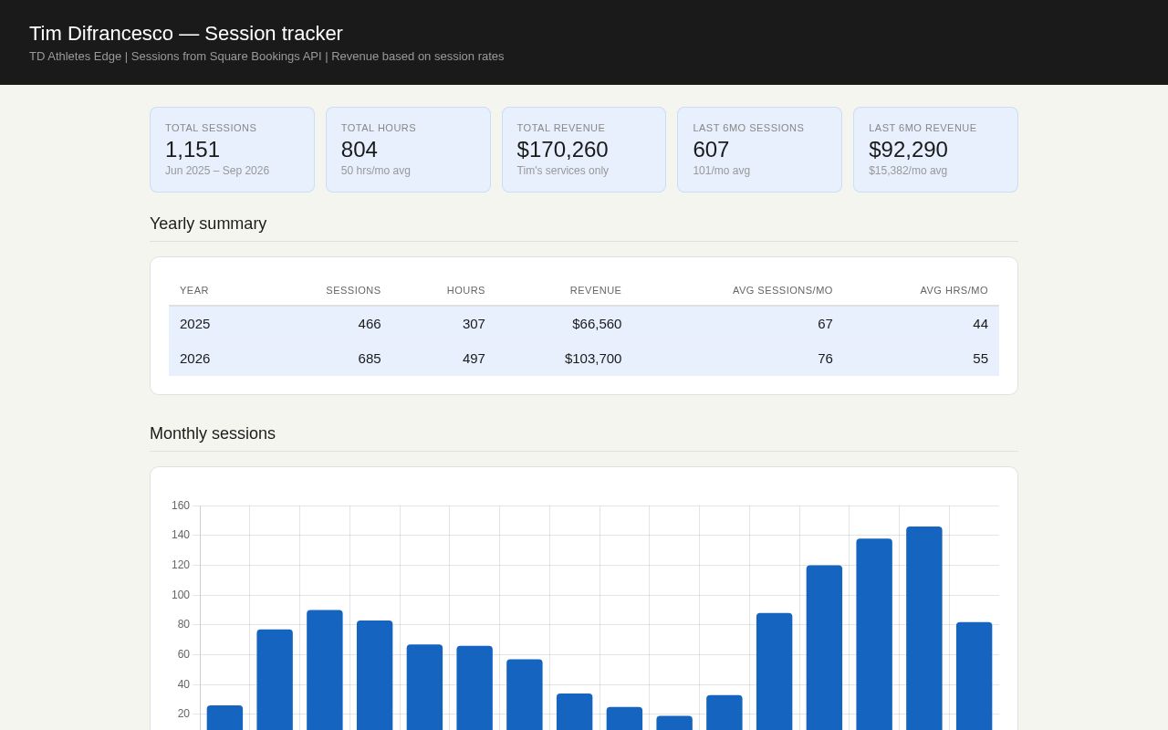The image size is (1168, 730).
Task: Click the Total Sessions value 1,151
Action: (x=193, y=150)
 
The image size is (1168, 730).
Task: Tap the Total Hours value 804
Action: (x=360, y=150)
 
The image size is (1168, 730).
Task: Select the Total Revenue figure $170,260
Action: (x=562, y=150)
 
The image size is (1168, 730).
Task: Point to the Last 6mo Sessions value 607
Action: (x=711, y=150)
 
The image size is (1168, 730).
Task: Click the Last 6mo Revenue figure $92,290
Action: (x=908, y=150)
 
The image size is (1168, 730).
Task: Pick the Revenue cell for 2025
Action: (x=597, y=324)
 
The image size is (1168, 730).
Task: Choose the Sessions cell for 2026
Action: (x=370, y=359)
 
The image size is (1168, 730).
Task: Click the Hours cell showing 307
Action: (x=474, y=324)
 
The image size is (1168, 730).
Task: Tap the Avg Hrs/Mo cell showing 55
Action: (x=980, y=359)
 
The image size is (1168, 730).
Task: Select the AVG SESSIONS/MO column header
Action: (x=782, y=290)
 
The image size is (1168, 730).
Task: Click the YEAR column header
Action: (x=194, y=290)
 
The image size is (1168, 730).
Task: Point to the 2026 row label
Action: (x=194, y=359)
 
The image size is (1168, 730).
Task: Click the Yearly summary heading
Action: (x=208, y=224)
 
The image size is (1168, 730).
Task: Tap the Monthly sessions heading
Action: (x=213, y=433)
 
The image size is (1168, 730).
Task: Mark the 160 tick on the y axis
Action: (x=181, y=506)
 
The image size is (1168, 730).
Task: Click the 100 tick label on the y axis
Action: (x=181, y=595)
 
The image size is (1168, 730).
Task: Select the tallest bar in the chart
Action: (x=924, y=629)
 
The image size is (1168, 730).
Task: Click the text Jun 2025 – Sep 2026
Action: (x=217, y=171)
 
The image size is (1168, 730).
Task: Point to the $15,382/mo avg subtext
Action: (x=908, y=171)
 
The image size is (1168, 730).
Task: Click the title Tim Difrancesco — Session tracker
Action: (x=185, y=34)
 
